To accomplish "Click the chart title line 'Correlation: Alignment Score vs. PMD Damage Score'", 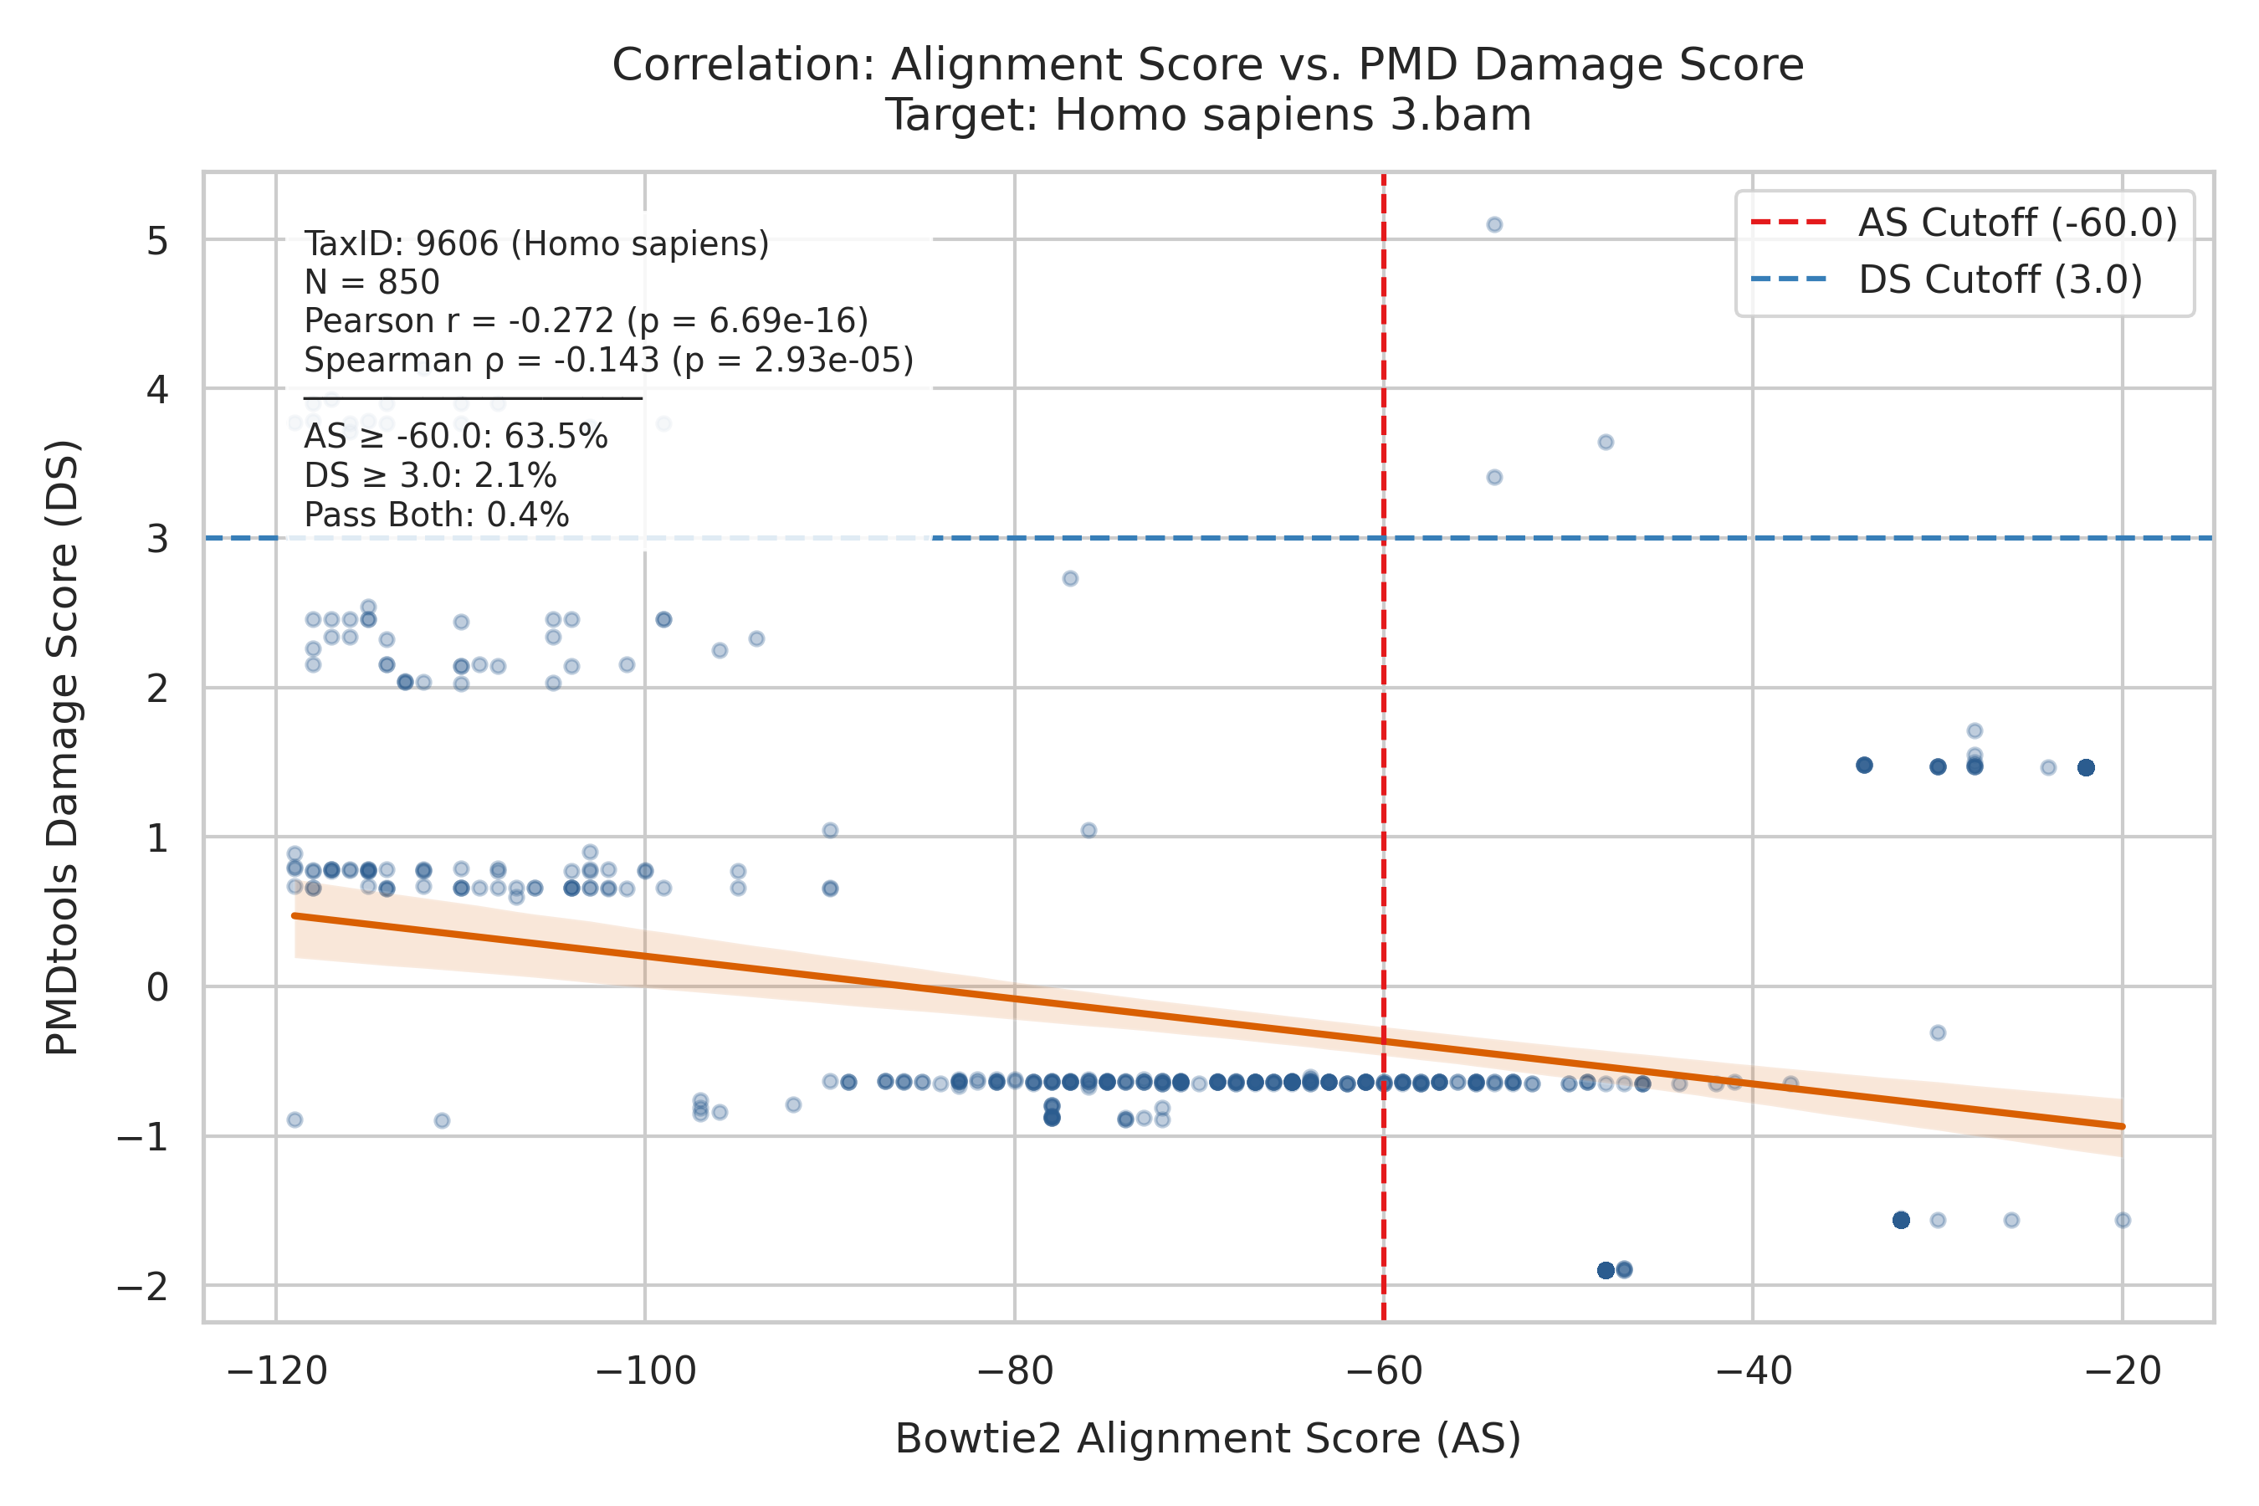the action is click(x=1207, y=65).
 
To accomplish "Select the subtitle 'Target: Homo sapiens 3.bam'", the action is click(x=1207, y=115).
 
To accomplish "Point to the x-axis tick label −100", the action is click(x=644, y=1371).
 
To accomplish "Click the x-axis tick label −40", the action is click(x=1753, y=1371).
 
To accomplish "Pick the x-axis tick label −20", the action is click(x=2123, y=1371).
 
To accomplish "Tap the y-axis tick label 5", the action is click(x=157, y=241).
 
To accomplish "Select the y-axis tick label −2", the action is click(x=143, y=1286).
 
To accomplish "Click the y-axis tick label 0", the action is click(x=157, y=987).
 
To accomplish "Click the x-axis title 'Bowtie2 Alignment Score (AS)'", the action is click(x=1208, y=1439).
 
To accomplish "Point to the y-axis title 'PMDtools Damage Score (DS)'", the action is click(x=64, y=747).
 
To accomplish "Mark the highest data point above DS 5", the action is click(x=1494, y=225).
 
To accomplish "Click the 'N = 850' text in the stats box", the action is click(x=371, y=283).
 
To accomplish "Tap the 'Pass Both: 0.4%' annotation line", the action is click(x=437, y=515).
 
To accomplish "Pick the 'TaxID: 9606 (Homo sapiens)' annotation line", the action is click(x=537, y=244).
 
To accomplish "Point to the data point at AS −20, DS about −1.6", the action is click(x=2123, y=1221).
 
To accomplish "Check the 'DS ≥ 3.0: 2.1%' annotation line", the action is click(x=430, y=476).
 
